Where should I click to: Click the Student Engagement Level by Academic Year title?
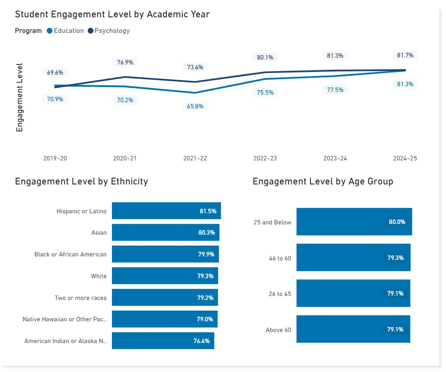point(112,14)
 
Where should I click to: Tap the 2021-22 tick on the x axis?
point(195,158)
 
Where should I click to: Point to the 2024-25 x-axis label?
point(405,158)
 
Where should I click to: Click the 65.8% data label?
point(195,106)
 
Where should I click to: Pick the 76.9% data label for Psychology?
point(125,62)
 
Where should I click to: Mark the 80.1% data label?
point(265,57)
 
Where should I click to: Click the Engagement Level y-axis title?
point(19,97)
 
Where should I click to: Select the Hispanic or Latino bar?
point(166,211)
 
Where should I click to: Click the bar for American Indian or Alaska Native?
point(163,341)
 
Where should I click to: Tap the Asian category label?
point(99,232)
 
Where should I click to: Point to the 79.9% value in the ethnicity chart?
point(206,254)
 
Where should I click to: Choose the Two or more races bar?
point(164,297)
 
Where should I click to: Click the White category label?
point(99,276)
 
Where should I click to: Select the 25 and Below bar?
point(354,221)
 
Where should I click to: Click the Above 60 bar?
point(353,329)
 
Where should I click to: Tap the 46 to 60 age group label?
point(280,258)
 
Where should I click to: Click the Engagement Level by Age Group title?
point(323,181)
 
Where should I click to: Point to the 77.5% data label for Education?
point(335,90)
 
